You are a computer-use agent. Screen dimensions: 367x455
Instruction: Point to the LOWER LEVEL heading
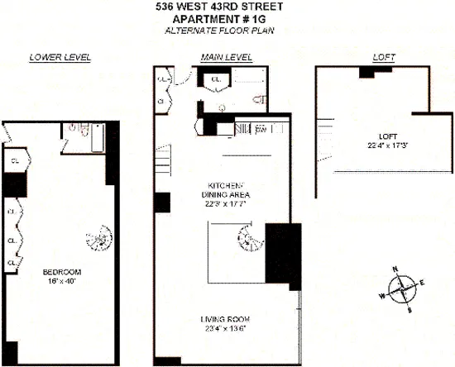click(60, 57)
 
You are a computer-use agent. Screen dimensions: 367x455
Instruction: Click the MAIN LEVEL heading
click(227, 57)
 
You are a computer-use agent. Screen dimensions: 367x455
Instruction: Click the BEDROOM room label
click(60, 271)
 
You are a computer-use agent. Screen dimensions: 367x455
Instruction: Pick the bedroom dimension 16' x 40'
click(60, 280)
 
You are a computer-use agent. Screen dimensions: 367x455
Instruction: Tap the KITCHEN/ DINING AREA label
click(223, 189)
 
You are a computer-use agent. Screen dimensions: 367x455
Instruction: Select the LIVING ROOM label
click(224, 319)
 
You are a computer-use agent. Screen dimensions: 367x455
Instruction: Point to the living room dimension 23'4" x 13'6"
click(224, 330)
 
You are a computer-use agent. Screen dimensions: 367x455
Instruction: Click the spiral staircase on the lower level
click(98, 241)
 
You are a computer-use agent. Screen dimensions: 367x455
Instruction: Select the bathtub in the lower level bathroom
click(97, 136)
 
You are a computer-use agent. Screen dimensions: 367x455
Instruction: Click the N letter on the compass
click(395, 269)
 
